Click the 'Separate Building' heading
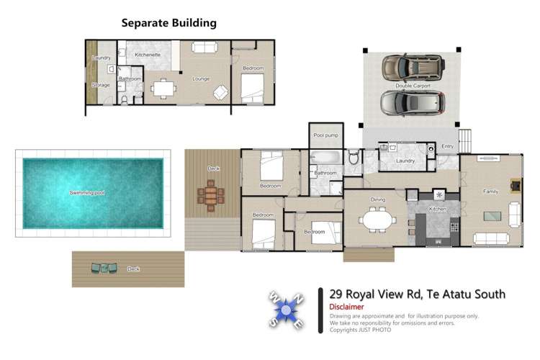click(168, 23)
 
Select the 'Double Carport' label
click(413, 86)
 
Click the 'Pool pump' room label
click(325, 135)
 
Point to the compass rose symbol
click(287, 310)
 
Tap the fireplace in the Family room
click(515, 184)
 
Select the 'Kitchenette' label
click(147, 55)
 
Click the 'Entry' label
click(448, 147)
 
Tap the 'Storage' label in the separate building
click(101, 86)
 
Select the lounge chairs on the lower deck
click(104, 269)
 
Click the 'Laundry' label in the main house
click(405, 161)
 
